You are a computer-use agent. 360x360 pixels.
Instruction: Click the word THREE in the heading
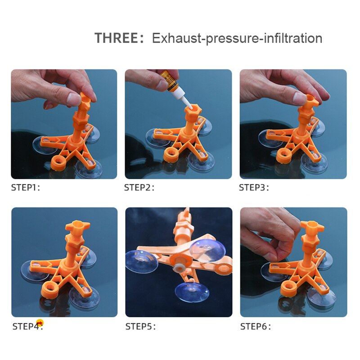(x=116, y=38)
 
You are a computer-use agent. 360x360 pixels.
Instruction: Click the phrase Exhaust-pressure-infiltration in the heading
(x=237, y=38)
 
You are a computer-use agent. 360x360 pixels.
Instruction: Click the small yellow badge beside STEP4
(x=40, y=323)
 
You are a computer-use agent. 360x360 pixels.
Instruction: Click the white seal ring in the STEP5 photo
(x=177, y=268)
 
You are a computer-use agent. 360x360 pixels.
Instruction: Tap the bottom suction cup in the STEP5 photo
(x=192, y=292)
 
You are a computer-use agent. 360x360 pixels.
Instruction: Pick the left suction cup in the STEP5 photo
(x=141, y=262)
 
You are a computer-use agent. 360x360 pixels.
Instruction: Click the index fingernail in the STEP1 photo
(x=74, y=99)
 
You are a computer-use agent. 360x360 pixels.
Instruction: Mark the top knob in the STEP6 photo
(x=312, y=226)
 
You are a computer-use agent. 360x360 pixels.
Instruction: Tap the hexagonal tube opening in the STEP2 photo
(x=193, y=109)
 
